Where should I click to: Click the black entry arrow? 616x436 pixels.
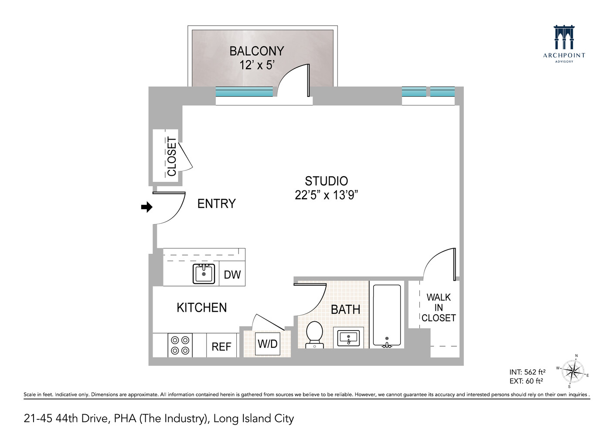[x=146, y=207]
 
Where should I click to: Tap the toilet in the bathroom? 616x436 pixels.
[x=314, y=334]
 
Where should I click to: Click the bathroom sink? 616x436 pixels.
[x=348, y=337]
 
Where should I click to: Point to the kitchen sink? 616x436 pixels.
[x=204, y=274]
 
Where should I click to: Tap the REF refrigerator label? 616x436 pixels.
[x=221, y=347]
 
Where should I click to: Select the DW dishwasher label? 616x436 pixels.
[x=232, y=275]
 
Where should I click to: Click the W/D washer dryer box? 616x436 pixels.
[x=267, y=344]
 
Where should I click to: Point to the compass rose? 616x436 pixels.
[x=573, y=372]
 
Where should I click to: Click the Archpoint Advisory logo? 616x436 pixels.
[x=564, y=44]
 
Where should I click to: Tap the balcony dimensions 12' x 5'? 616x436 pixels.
[x=257, y=65]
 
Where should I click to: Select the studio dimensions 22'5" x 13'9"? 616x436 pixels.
[x=326, y=195]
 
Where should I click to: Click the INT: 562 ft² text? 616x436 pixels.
[x=527, y=372]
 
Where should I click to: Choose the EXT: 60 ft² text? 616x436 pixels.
[x=526, y=381]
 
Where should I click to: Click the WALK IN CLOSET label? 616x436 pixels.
[x=439, y=308]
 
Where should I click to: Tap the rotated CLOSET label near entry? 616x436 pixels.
[x=172, y=157]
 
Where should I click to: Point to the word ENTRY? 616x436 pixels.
[x=216, y=204]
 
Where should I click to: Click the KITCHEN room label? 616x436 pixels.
[x=201, y=308]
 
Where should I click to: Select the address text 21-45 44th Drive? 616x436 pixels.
[x=65, y=419]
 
